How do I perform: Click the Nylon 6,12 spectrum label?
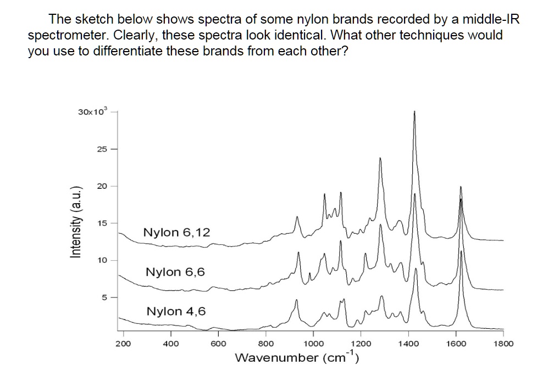[176, 233]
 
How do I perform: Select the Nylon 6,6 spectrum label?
[175, 272]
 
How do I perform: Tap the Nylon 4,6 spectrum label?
[176, 312]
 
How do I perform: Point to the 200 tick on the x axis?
[123, 344]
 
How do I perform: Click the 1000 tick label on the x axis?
[313, 344]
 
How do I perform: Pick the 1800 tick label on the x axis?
[503, 344]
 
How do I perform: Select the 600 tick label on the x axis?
[218, 344]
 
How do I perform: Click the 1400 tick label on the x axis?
[408, 344]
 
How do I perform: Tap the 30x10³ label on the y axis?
[93, 112]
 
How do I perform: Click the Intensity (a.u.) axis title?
[76, 222]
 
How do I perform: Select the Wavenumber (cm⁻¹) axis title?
[297, 358]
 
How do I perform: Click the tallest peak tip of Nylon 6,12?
[414, 112]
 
